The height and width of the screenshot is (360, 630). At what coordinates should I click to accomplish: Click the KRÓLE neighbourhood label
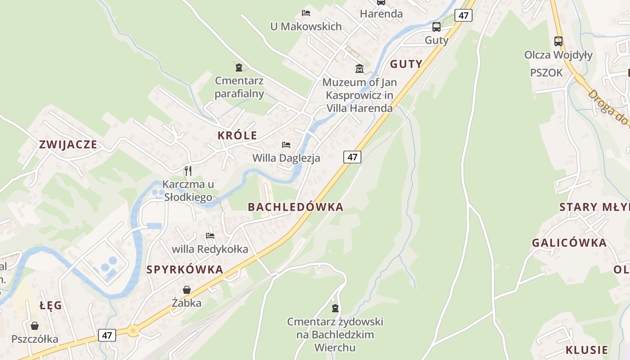(x=237, y=135)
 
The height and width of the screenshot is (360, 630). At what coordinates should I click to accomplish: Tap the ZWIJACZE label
(x=68, y=144)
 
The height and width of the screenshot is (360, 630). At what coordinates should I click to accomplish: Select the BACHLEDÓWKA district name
(x=296, y=207)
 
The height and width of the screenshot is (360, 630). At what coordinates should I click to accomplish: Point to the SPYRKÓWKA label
(x=185, y=270)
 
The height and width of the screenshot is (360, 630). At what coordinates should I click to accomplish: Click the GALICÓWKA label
(x=569, y=243)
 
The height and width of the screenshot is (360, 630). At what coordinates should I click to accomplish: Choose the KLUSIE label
(x=587, y=350)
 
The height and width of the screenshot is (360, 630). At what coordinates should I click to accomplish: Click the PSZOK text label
(x=546, y=72)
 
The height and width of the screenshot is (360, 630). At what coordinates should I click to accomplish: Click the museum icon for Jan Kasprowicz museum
(x=360, y=68)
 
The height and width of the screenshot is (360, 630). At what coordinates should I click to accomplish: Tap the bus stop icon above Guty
(x=436, y=27)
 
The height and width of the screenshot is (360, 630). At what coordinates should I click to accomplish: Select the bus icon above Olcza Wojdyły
(x=558, y=41)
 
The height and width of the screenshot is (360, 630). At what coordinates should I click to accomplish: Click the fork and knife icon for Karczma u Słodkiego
(x=188, y=171)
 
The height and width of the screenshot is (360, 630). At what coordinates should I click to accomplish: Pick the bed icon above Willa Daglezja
(x=286, y=145)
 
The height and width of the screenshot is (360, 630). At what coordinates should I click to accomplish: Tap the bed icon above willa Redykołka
(x=210, y=235)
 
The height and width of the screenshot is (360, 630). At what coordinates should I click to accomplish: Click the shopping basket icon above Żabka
(x=187, y=290)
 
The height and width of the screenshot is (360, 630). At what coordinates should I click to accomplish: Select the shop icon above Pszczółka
(x=35, y=325)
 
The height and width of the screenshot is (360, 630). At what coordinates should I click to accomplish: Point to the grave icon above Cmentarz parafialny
(x=239, y=67)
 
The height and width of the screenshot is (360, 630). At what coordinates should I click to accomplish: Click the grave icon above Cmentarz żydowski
(x=335, y=308)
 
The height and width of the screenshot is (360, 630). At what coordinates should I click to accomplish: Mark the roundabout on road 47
(x=133, y=331)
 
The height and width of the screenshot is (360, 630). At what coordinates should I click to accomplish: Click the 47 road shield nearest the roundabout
(x=107, y=335)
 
